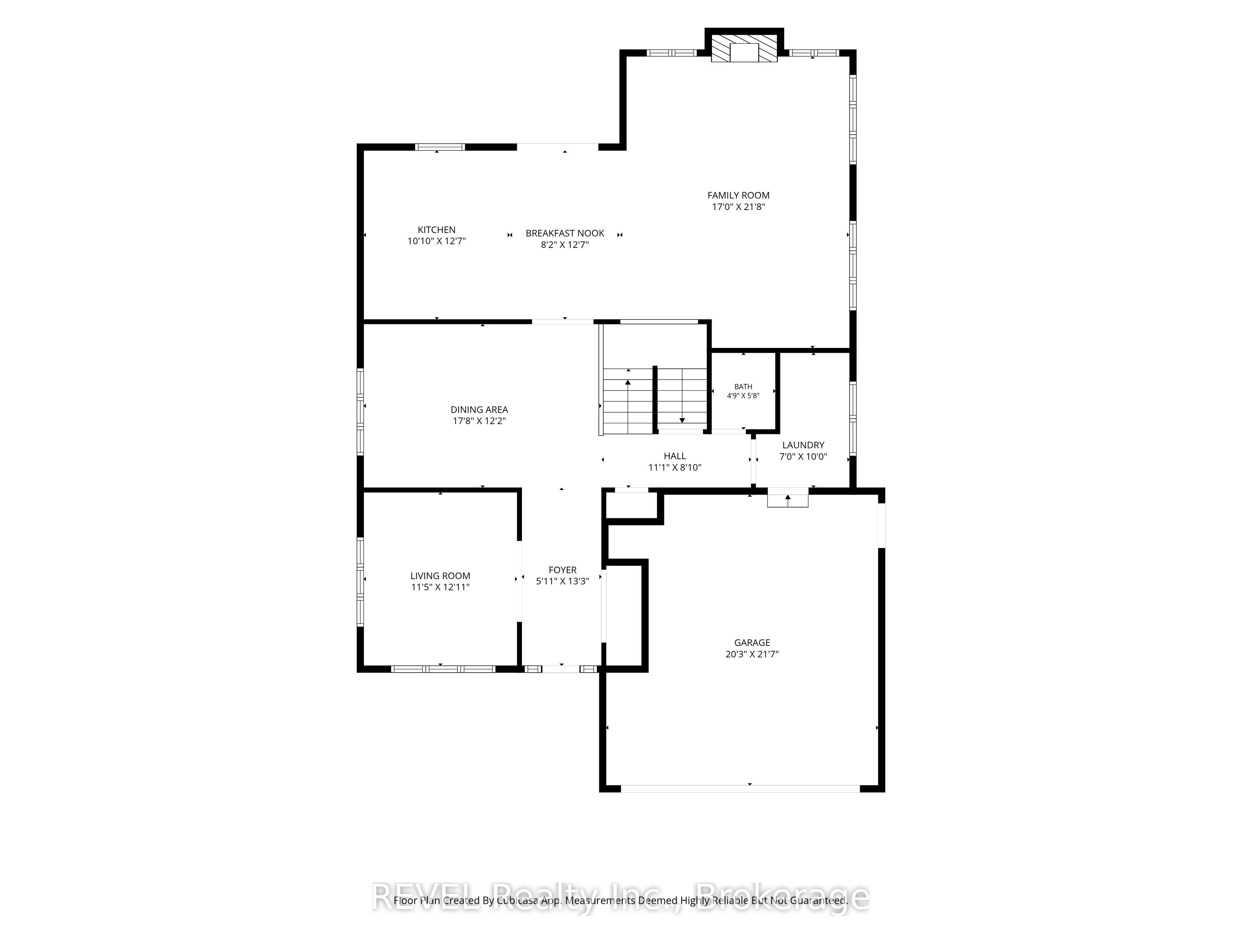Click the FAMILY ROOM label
738,195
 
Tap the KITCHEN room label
436,230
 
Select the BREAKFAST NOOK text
565,233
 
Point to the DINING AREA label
479,410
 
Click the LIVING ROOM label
440,576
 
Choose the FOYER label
562,570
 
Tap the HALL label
675,456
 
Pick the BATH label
743,386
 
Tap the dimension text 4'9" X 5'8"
743,395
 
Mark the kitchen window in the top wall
440,147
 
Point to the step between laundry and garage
788,500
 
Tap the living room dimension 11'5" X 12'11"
440,587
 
